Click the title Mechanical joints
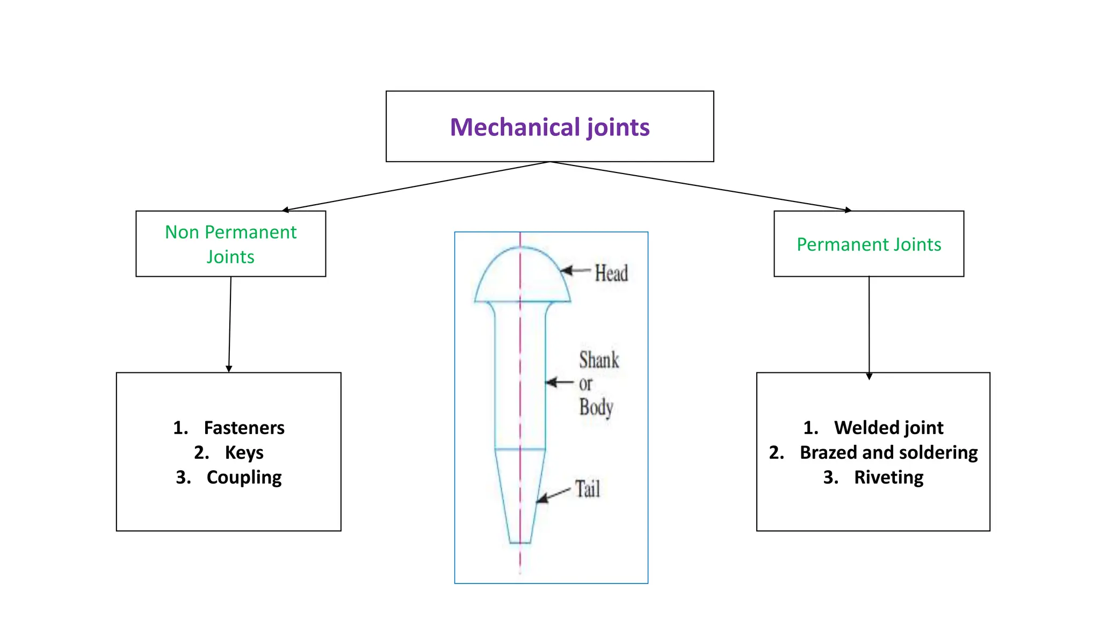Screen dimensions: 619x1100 549,127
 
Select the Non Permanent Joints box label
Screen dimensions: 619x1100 230,244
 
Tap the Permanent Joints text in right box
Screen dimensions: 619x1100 869,244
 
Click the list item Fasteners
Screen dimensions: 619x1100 244,428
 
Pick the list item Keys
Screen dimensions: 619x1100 244,452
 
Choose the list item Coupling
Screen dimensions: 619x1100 244,477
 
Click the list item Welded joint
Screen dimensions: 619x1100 888,428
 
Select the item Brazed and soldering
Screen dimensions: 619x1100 888,452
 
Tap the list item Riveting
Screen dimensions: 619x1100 888,477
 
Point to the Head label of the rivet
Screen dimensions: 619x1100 611,273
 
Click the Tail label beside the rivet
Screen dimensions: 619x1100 588,489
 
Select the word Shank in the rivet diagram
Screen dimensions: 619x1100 599,360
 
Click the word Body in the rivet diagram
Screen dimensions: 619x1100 596,407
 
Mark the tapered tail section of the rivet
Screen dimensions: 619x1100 520,494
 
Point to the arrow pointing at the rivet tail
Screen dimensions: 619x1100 553,496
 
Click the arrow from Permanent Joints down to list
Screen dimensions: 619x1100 869,328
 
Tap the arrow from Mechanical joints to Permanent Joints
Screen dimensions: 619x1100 698,185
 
